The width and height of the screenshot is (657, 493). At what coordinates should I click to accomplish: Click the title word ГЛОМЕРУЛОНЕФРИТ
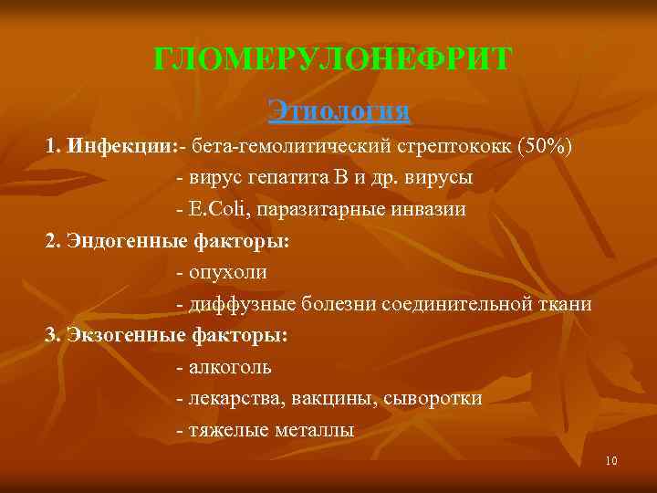333,61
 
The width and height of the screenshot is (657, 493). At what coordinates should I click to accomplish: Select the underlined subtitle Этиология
339,111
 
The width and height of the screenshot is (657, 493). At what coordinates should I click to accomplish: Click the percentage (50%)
545,146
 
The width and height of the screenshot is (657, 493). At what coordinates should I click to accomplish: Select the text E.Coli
219,209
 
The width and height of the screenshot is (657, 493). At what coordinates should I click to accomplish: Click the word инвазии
427,209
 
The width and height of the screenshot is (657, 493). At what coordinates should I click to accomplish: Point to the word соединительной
448,304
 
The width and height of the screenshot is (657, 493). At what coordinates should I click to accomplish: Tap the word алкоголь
230,367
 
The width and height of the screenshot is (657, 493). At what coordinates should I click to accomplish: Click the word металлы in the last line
313,430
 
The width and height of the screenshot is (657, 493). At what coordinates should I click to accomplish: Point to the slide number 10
610,461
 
